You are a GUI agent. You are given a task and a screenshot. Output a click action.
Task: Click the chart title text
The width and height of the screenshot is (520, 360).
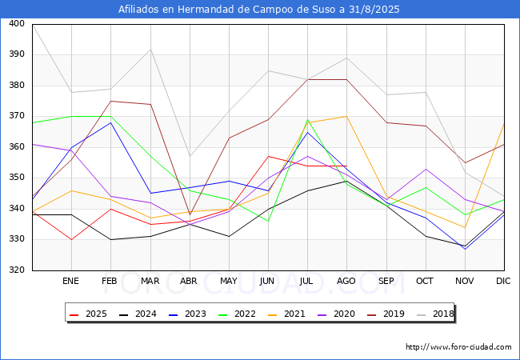click(x=258, y=10)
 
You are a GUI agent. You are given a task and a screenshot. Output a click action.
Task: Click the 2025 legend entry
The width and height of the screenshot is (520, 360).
click(x=88, y=314)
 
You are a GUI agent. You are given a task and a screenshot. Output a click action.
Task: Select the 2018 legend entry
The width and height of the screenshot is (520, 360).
click(x=435, y=314)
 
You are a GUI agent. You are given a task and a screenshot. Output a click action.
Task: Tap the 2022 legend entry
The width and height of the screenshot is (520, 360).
click(x=237, y=314)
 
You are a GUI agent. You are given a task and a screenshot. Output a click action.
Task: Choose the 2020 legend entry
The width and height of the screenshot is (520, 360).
click(x=336, y=314)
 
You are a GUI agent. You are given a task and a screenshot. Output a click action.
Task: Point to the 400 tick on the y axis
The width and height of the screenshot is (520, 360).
click(x=17, y=23)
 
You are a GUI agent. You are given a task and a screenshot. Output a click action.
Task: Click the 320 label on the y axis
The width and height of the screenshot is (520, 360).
click(x=17, y=270)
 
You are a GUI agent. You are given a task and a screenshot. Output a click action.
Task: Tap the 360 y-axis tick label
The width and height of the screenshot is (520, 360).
click(x=17, y=146)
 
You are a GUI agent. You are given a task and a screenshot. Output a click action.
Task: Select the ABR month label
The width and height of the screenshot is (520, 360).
click(x=188, y=281)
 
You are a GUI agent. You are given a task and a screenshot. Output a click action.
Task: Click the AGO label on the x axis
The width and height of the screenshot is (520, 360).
click(x=346, y=281)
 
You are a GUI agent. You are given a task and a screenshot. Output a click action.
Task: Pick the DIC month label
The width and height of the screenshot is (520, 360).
click(x=503, y=281)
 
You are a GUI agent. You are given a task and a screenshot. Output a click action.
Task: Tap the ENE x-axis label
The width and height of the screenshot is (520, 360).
click(x=70, y=281)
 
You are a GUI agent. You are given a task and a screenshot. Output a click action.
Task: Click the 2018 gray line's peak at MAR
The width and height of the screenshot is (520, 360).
click(x=151, y=50)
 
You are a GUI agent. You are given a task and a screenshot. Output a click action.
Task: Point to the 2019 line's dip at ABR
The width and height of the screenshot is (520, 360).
click(x=190, y=215)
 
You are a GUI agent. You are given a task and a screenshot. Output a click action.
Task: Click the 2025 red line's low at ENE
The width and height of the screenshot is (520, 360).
click(x=72, y=239)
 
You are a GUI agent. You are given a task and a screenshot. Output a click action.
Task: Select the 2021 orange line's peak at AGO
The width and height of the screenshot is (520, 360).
click(x=347, y=116)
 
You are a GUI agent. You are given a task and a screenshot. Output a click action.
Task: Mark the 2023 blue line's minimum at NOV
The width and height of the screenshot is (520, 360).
click(x=465, y=249)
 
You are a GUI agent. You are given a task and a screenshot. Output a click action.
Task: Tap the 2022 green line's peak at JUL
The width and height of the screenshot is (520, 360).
click(x=308, y=120)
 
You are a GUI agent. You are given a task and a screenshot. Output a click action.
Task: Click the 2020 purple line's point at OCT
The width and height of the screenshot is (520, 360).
click(x=426, y=169)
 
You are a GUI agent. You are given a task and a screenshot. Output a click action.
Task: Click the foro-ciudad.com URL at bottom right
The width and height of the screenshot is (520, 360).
click(x=458, y=346)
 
